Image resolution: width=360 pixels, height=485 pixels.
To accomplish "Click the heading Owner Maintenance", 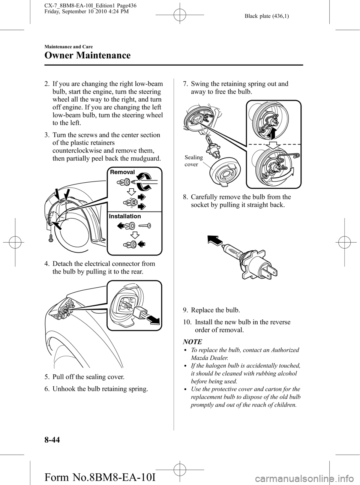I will [x=87, y=56].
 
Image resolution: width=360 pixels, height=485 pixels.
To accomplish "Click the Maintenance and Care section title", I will [x=68, y=47].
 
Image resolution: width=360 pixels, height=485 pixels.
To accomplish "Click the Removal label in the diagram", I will [x=123, y=172].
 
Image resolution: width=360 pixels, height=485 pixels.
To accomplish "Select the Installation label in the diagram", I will [x=125, y=216].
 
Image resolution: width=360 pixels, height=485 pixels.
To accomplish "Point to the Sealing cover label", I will [x=193, y=161].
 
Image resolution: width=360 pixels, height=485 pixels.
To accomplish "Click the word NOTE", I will [x=192, y=342].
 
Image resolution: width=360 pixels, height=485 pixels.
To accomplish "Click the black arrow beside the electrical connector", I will [x=153, y=320].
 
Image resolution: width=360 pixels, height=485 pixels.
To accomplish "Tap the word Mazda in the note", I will [x=199, y=358].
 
